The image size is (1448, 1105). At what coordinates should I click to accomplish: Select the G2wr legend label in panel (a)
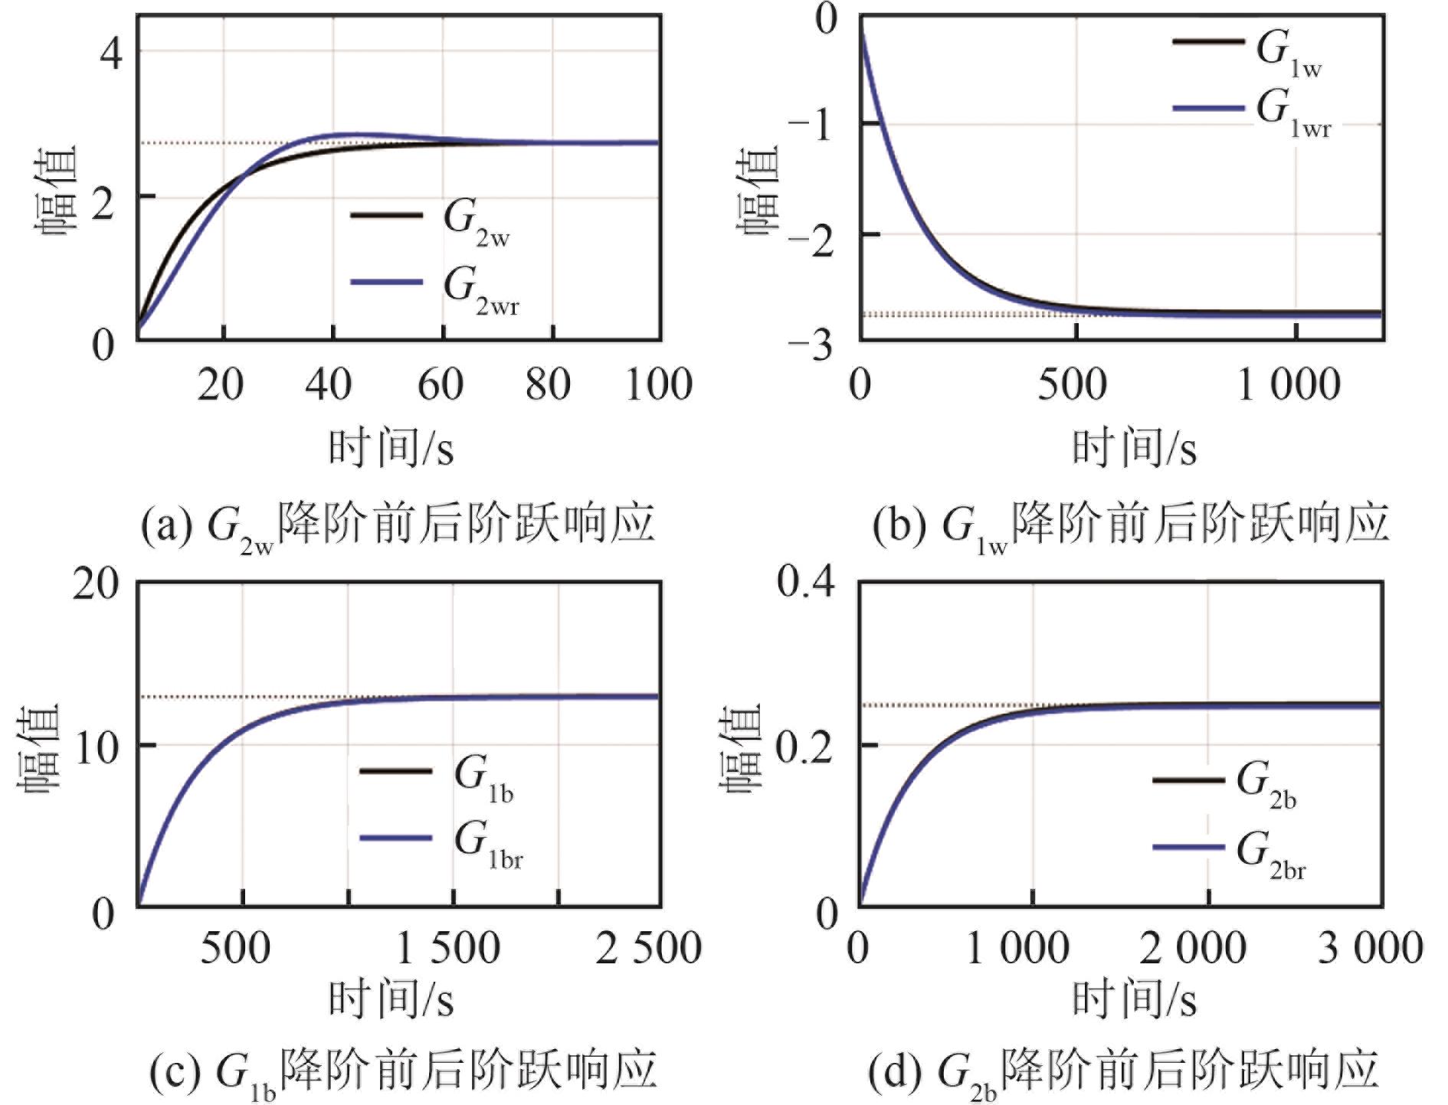click(x=481, y=290)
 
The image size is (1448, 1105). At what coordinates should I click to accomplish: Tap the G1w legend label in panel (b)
click(x=1289, y=54)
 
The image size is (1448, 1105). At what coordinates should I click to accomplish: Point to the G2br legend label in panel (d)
click(x=1271, y=855)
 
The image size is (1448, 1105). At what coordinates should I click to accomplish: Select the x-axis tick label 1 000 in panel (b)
click(x=1289, y=384)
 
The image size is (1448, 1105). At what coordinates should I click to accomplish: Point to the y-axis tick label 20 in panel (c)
click(x=97, y=586)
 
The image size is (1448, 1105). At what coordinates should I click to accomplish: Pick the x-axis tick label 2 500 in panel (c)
click(x=648, y=948)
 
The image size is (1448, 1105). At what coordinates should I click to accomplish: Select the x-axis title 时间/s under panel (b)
click(x=1134, y=448)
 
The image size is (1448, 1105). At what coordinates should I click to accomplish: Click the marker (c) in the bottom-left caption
click(x=175, y=1070)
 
